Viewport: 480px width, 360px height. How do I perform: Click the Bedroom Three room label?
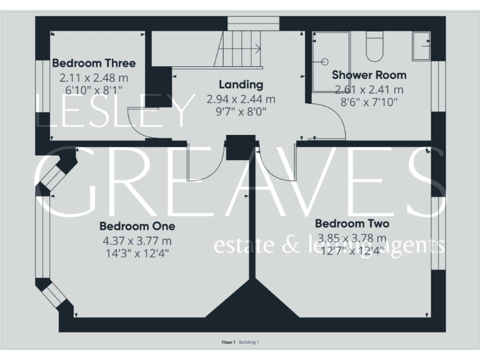coord(94,64)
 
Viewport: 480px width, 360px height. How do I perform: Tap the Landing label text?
coord(241,84)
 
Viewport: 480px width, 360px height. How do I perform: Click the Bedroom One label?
coord(137,226)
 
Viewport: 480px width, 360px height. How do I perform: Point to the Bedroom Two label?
coord(352,224)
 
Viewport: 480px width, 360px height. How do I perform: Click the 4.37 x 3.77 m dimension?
coord(137,241)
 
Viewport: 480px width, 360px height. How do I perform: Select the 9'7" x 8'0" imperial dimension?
coord(241,111)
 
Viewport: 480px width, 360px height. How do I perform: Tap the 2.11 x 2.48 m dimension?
coord(94,78)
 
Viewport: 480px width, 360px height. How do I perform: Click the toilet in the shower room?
coord(374,47)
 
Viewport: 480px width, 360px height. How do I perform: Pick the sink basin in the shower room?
coord(421,44)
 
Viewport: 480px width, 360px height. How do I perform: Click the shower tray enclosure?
coord(329,61)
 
